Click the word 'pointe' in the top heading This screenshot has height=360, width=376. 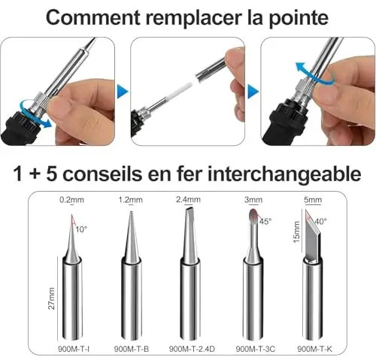tap(299, 19)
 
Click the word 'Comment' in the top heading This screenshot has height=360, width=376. tap(93, 17)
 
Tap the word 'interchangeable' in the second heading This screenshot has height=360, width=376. tap(284, 174)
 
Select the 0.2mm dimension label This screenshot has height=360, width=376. tap(71, 200)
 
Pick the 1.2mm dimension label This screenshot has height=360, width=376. tap(131, 200)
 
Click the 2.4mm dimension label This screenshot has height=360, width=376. tap(188, 199)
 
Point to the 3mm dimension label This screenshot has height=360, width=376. tap(253, 200)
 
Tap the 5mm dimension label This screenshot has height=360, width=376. tap(313, 200)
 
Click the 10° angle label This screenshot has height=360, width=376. tap(81, 229)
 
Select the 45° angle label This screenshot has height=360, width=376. tap(265, 222)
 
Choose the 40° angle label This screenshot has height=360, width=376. tap(320, 222)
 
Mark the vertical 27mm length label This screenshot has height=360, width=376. tap(51, 298)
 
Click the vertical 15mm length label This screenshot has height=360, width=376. tap(296, 231)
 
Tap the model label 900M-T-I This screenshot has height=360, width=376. tap(74, 349)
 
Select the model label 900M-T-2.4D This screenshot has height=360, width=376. tap(192, 349)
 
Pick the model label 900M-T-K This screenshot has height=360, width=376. tap(314, 349)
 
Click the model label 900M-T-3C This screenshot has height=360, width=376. tap(256, 349)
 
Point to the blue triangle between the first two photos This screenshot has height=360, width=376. tap(123, 92)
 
